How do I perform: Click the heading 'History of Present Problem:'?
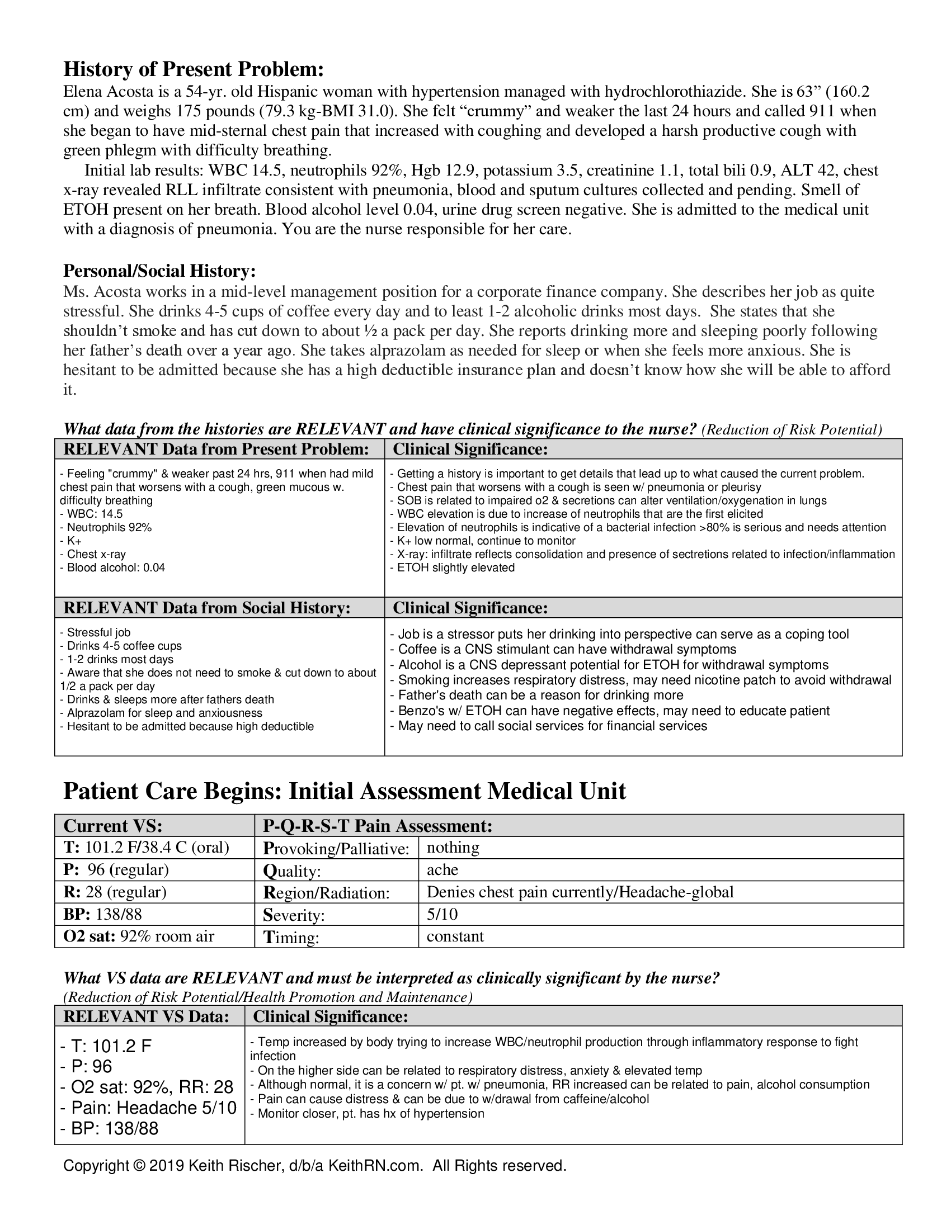(193, 69)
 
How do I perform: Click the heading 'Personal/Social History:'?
(159, 271)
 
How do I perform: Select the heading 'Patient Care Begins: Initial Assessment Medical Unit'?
(343, 791)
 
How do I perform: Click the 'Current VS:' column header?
(113, 826)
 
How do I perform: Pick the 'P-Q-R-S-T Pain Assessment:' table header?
(378, 826)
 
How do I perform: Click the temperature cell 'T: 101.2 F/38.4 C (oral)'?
(147, 848)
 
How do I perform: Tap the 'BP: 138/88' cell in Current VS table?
(102, 914)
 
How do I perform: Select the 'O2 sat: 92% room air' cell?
(139, 936)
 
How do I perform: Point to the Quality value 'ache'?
(442, 869)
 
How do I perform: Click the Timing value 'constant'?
(455, 936)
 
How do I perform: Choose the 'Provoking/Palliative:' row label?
(336, 849)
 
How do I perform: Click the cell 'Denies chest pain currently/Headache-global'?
(580, 892)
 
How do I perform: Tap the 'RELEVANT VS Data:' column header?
(147, 1016)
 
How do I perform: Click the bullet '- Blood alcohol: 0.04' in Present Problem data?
(112, 567)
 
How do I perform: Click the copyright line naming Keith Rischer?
(314, 1166)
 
